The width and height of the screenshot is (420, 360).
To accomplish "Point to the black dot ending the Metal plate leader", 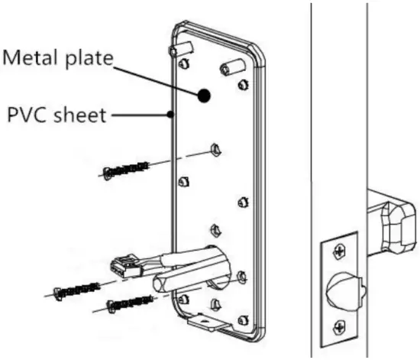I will [204, 96].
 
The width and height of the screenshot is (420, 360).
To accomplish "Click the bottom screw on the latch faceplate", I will [338, 327].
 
